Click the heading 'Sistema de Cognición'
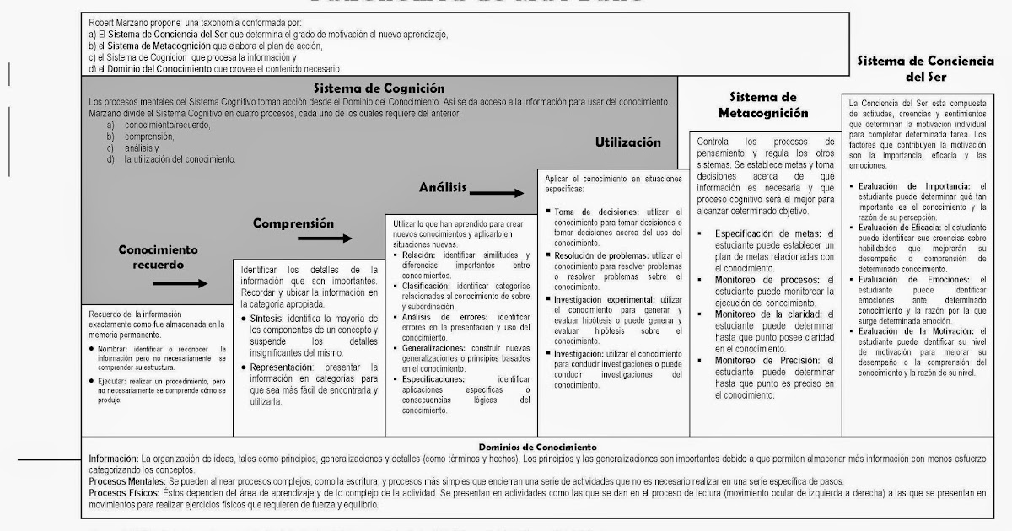click(x=379, y=88)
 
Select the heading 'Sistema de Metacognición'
click(x=763, y=105)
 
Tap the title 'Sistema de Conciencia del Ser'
click(x=926, y=69)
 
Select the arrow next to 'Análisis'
click(x=499, y=193)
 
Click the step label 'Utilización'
click(x=627, y=142)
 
